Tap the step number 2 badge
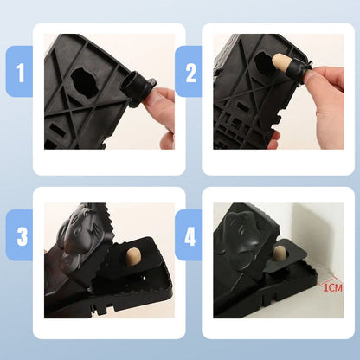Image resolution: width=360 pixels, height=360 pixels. (189, 72)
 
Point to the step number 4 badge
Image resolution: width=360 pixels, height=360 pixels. (189, 235)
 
